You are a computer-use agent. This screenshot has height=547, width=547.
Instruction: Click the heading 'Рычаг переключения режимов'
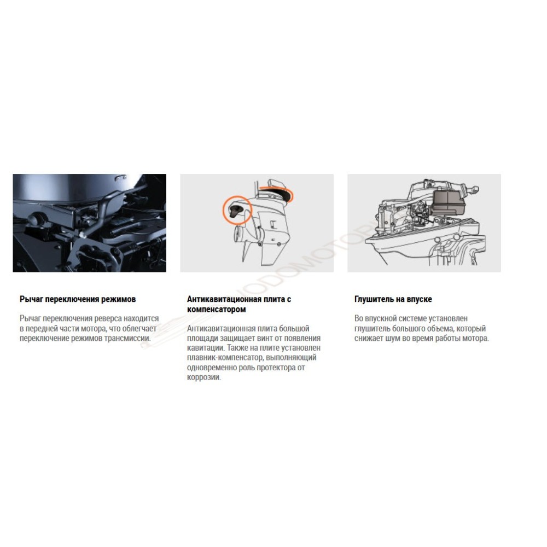[78, 299]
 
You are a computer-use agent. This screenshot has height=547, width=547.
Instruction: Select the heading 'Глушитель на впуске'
[393, 299]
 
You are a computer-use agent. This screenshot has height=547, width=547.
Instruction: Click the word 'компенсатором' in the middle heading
[216, 309]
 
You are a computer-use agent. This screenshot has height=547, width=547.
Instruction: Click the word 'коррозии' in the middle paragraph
[203, 377]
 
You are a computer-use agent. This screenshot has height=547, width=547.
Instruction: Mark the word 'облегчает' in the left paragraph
[139, 328]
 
